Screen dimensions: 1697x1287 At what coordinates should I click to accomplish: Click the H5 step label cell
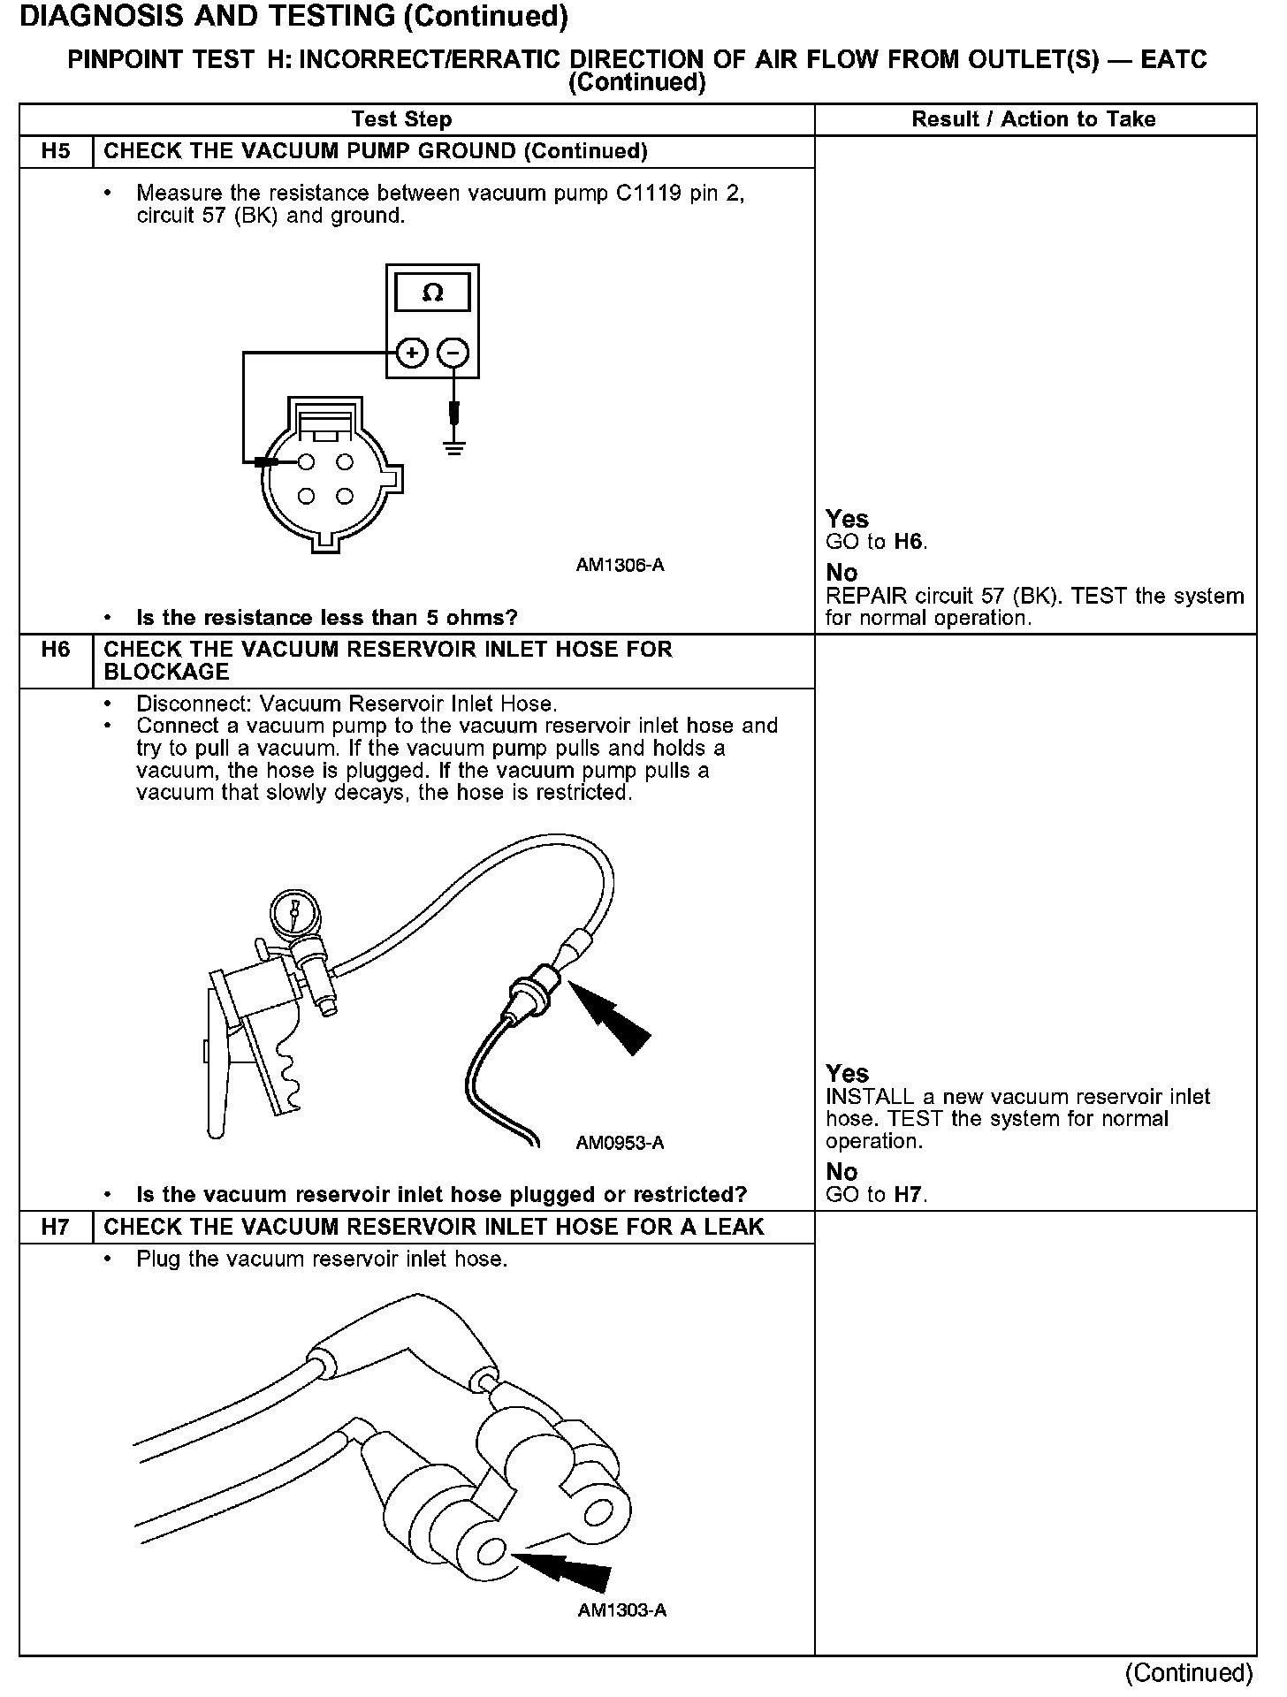(55, 151)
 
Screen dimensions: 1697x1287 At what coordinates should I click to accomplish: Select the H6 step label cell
(55, 650)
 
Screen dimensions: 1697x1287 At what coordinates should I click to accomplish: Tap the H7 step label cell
(55, 1227)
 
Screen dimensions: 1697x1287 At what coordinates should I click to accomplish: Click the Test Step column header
(401, 119)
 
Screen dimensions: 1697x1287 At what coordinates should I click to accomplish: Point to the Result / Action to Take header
(1033, 119)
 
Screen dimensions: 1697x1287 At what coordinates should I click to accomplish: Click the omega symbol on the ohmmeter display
(432, 293)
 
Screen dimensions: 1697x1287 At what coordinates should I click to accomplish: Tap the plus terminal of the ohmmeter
(411, 354)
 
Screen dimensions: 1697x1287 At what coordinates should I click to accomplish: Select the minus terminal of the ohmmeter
(453, 354)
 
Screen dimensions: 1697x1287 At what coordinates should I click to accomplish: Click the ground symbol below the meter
(454, 446)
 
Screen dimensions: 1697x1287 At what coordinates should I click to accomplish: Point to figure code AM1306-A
(620, 565)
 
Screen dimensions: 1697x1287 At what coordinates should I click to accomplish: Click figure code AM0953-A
(620, 1143)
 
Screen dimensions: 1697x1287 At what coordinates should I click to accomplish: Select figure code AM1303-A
(621, 1610)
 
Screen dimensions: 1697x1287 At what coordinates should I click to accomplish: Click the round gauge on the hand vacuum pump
(293, 911)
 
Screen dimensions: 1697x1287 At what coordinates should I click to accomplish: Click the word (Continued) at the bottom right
(1188, 1673)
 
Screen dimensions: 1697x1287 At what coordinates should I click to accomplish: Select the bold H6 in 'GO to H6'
(909, 542)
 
